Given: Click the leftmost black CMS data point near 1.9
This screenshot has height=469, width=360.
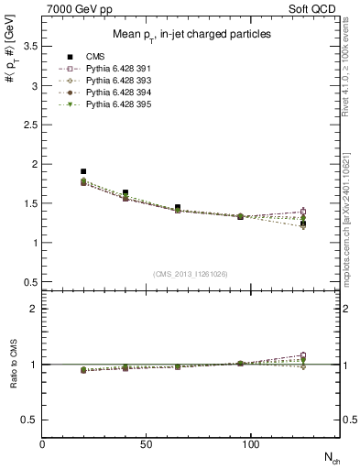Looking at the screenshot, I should coord(83,171).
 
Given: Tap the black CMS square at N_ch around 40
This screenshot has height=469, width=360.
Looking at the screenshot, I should coord(125,192).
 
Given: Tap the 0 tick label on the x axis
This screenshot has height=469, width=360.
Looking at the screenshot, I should coord(43,443).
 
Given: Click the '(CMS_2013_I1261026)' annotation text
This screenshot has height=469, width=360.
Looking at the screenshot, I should coord(190,274).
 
